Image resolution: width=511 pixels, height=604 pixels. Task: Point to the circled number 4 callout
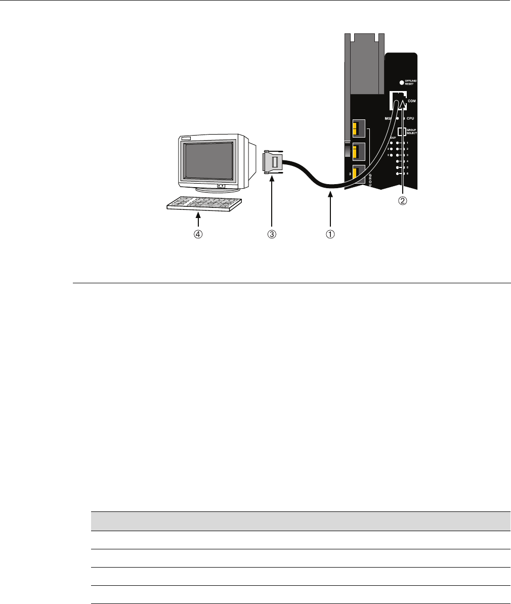pos(199,234)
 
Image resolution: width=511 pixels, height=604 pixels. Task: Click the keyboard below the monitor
pos(204,203)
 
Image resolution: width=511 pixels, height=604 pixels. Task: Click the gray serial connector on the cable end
pos(273,163)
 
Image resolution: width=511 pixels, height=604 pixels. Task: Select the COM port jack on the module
pos(398,100)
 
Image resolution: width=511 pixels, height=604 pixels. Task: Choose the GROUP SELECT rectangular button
pos(401,132)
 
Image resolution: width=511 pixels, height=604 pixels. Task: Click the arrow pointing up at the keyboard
pos(199,220)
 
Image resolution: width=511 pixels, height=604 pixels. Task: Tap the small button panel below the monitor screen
pos(221,186)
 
